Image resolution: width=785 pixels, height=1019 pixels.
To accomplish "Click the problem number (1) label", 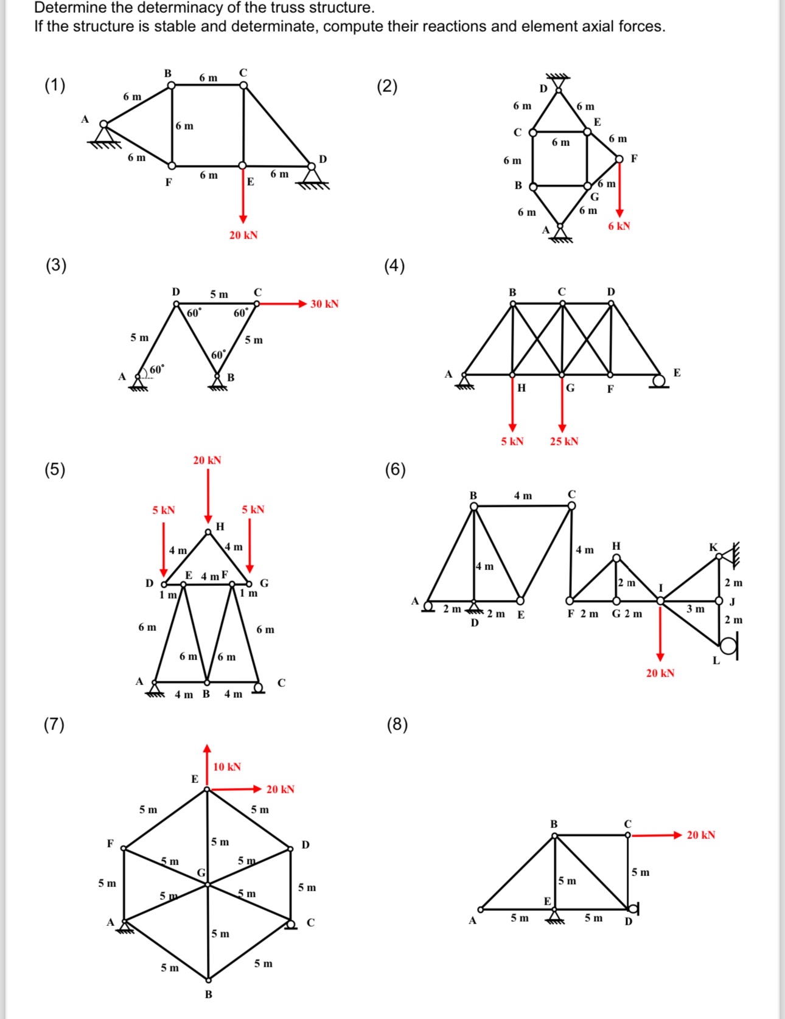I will click(55, 85).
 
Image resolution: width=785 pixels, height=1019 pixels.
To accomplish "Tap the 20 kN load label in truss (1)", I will click(243, 235).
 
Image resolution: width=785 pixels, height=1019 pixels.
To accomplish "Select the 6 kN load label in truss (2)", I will click(619, 226).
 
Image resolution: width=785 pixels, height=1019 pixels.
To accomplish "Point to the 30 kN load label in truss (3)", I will click(324, 304).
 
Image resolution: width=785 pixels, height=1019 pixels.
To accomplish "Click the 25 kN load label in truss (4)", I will click(564, 441).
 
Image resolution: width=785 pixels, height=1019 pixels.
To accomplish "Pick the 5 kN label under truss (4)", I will click(512, 441).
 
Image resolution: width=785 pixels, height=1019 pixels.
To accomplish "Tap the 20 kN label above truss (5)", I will click(207, 460).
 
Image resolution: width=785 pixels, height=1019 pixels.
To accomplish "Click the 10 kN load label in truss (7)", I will click(227, 767).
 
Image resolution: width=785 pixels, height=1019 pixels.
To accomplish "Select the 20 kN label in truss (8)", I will click(701, 835).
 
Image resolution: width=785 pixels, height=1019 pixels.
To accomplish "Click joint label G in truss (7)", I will click(201, 873).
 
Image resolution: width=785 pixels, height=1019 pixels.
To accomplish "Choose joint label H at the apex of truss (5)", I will click(220, 526).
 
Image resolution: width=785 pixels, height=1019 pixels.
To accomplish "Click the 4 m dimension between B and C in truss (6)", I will click(523, 496).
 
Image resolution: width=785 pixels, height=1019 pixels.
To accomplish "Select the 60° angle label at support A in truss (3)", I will click(156, 369).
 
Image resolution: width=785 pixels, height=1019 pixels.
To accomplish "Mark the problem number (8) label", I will click(397, 724).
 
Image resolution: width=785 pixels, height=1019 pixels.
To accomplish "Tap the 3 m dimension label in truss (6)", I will click(696, 608).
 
